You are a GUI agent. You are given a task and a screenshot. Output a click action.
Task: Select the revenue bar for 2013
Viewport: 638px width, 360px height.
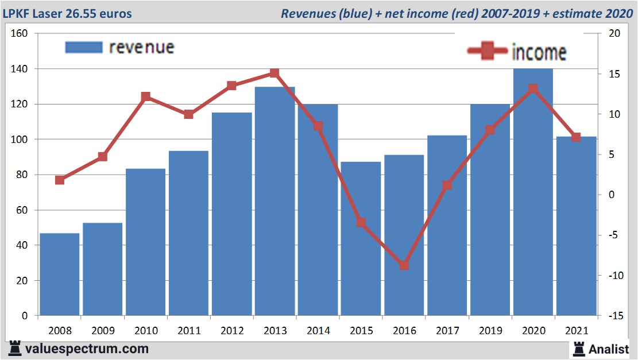point(274,201)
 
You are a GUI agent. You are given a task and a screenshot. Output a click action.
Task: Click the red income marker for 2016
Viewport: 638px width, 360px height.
point(404,265)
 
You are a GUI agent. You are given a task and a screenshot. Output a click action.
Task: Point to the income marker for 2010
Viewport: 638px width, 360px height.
point(146,97)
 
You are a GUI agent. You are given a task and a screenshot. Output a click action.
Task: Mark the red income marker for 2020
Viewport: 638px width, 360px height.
point(533,89)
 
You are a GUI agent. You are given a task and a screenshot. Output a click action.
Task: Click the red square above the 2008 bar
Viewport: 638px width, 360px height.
point(60,180)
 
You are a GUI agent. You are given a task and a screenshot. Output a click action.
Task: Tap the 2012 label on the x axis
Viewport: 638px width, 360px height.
point(231,331)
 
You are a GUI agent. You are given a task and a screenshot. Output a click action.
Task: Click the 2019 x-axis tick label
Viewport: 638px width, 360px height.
point(490,331)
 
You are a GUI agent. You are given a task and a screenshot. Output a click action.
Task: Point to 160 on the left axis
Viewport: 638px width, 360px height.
point(20,33)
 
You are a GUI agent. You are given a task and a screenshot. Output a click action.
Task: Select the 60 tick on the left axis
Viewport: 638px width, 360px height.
point(22,210)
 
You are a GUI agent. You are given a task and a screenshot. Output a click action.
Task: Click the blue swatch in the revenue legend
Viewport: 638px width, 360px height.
point(84,47)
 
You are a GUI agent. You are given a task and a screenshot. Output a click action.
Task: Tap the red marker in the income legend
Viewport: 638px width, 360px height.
point(488,52)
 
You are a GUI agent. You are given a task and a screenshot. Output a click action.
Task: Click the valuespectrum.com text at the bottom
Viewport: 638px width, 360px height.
point(87,349)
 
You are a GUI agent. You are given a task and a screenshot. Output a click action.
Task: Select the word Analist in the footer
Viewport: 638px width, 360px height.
point(608,349)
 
